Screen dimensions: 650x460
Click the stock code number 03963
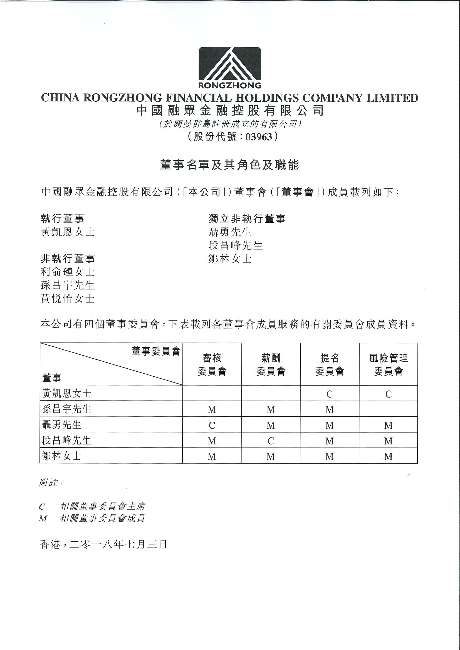click(258, 137)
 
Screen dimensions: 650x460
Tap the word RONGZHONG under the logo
click(229, 85)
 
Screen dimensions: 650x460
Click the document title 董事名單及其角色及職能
click(229, 165)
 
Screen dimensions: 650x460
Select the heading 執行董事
click(63, 219)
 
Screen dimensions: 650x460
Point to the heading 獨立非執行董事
click(247, 219)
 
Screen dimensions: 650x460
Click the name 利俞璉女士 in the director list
click(68, 272)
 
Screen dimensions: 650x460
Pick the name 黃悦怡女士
click(68, 299)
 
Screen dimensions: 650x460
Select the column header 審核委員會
click(212, 365)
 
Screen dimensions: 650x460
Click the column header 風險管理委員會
click(388, 365)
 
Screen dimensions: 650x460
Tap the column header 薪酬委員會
click(271, 365)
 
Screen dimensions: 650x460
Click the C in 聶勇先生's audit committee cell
click(212, 425)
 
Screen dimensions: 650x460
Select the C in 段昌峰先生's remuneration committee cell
click(271, 441)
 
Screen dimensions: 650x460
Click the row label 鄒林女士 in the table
click(61, 456)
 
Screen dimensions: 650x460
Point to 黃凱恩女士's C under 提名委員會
click(329, 394)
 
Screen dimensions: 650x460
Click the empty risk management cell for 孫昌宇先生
click(388, 409)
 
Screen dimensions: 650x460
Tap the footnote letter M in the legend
click(43, 519)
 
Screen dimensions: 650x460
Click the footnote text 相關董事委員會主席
click(103, 506)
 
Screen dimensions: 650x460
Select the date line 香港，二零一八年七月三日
click(103, 544)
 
